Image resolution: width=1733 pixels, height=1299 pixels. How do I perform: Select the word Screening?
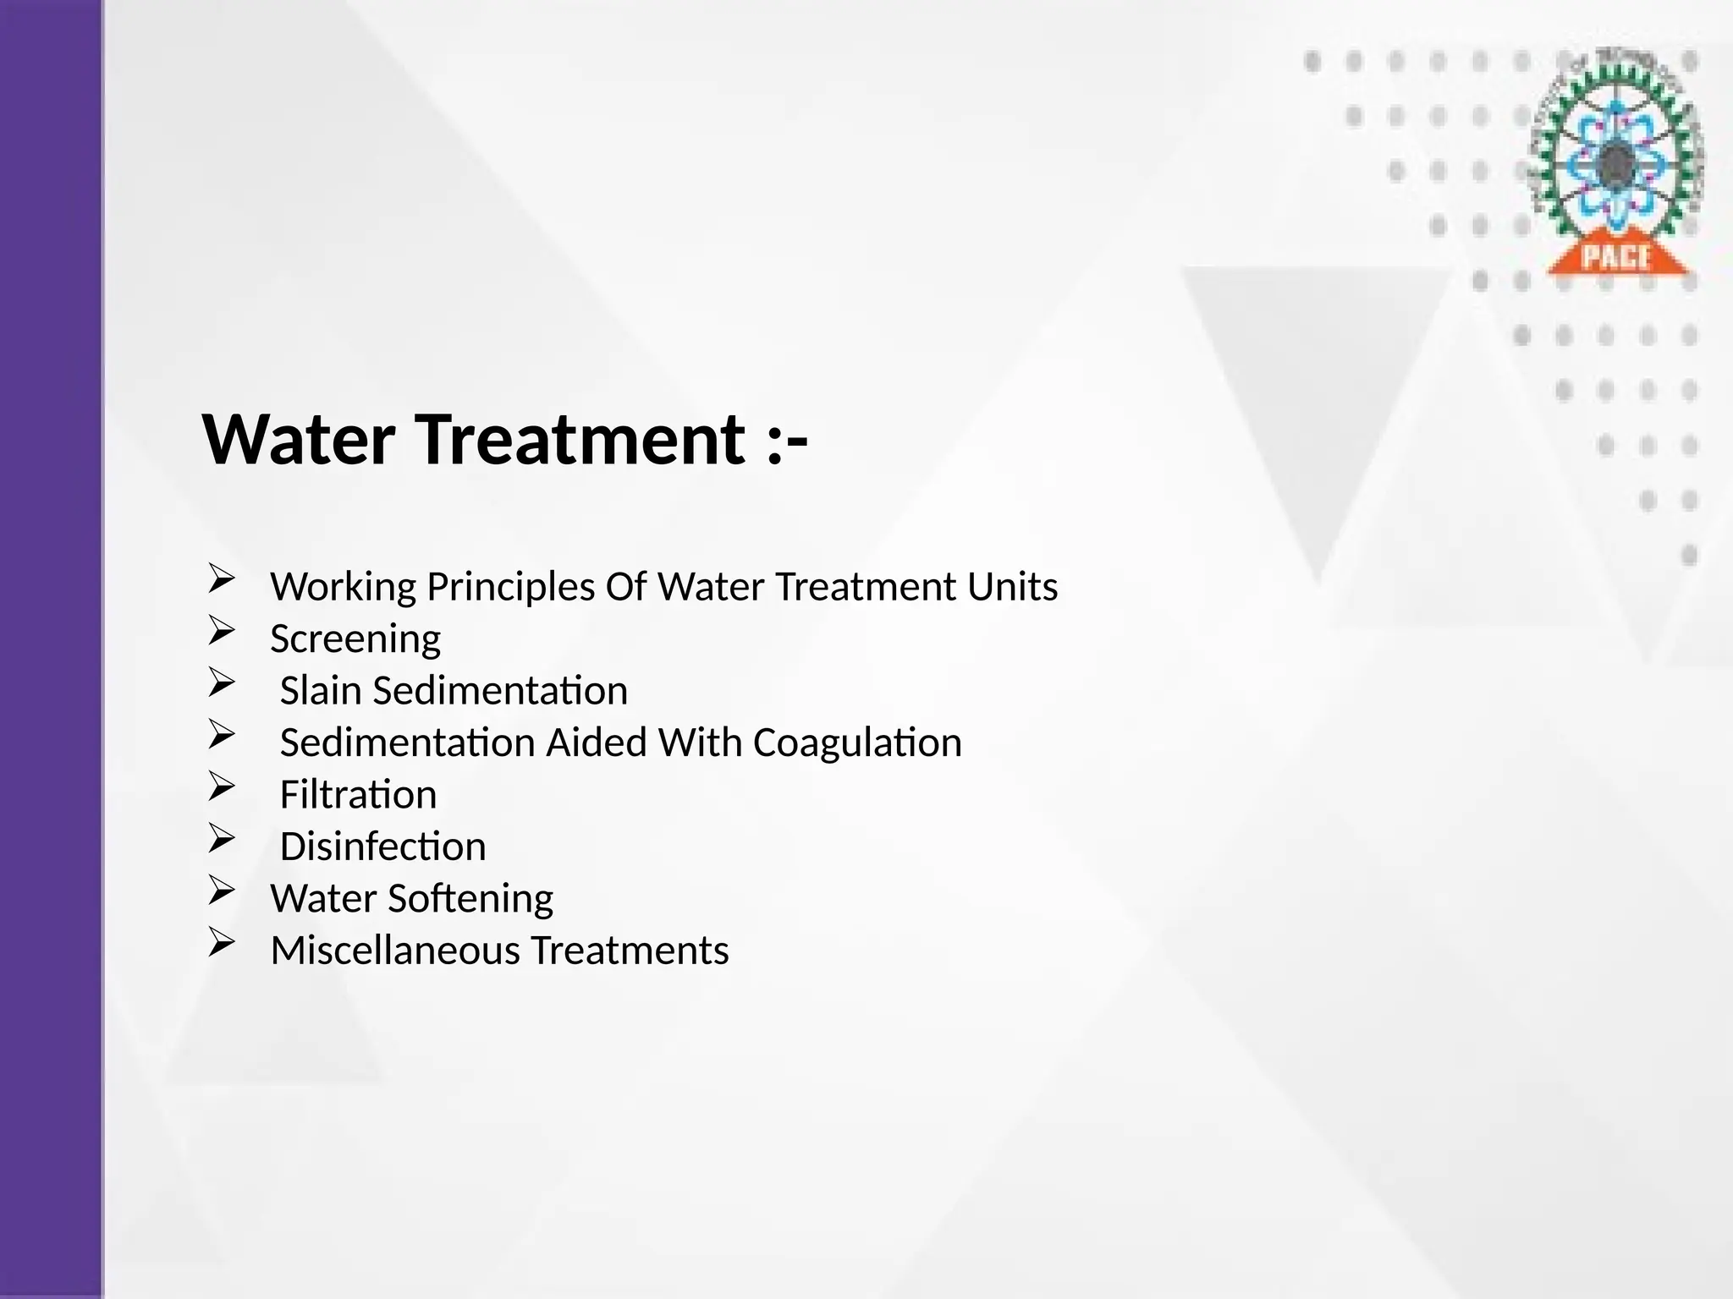pyautogui.click(x=355, y=639)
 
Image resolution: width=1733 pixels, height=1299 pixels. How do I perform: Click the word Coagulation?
pyautogui.click(x=857, y=743)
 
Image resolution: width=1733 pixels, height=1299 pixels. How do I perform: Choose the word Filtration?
pyautogui.click(x=358, y=795)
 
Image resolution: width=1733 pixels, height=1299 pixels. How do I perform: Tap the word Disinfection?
pyautogui.click(x=382, y=847)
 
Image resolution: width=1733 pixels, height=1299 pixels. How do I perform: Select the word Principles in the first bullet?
pyautogui.click(x=511, y=587)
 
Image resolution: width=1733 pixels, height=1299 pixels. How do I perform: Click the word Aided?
pyautogui.click(x=597, y=743)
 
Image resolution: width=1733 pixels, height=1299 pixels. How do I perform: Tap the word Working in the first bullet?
pyautogui.click(x=344, y=587)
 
